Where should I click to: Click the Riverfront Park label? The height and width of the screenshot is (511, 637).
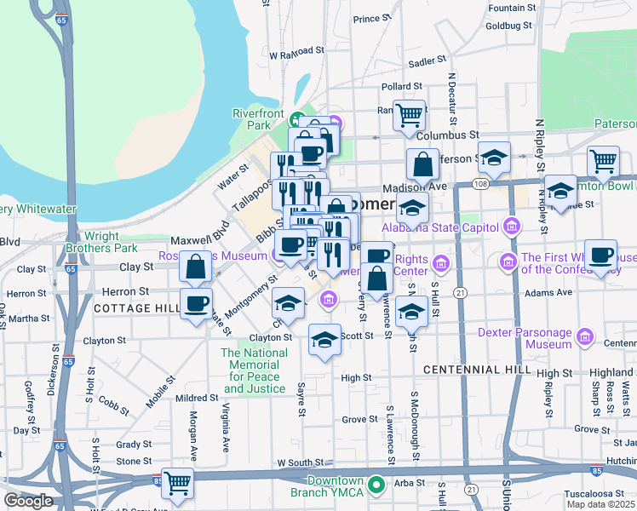tap(258, 118)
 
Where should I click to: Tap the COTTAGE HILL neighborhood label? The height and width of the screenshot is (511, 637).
tap(137, 307)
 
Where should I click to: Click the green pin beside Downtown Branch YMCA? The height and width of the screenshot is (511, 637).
tap(376, 486)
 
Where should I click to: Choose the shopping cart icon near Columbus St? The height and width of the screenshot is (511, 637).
tap(409, 114)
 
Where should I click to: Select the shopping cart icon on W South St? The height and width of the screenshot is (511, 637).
tap(177, 483)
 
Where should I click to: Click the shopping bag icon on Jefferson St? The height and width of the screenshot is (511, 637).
tap(422, 164)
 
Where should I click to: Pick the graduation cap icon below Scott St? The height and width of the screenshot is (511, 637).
tap(324, 341)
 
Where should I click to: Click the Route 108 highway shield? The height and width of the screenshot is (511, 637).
tap(481, 184)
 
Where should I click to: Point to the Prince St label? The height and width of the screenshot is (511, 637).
tap(371, 19)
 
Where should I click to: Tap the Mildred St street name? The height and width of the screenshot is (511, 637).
tap(197, 398)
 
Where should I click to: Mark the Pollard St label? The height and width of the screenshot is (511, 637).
tap(402, 86)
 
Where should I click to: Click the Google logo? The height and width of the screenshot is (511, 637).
tap(28, 501)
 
